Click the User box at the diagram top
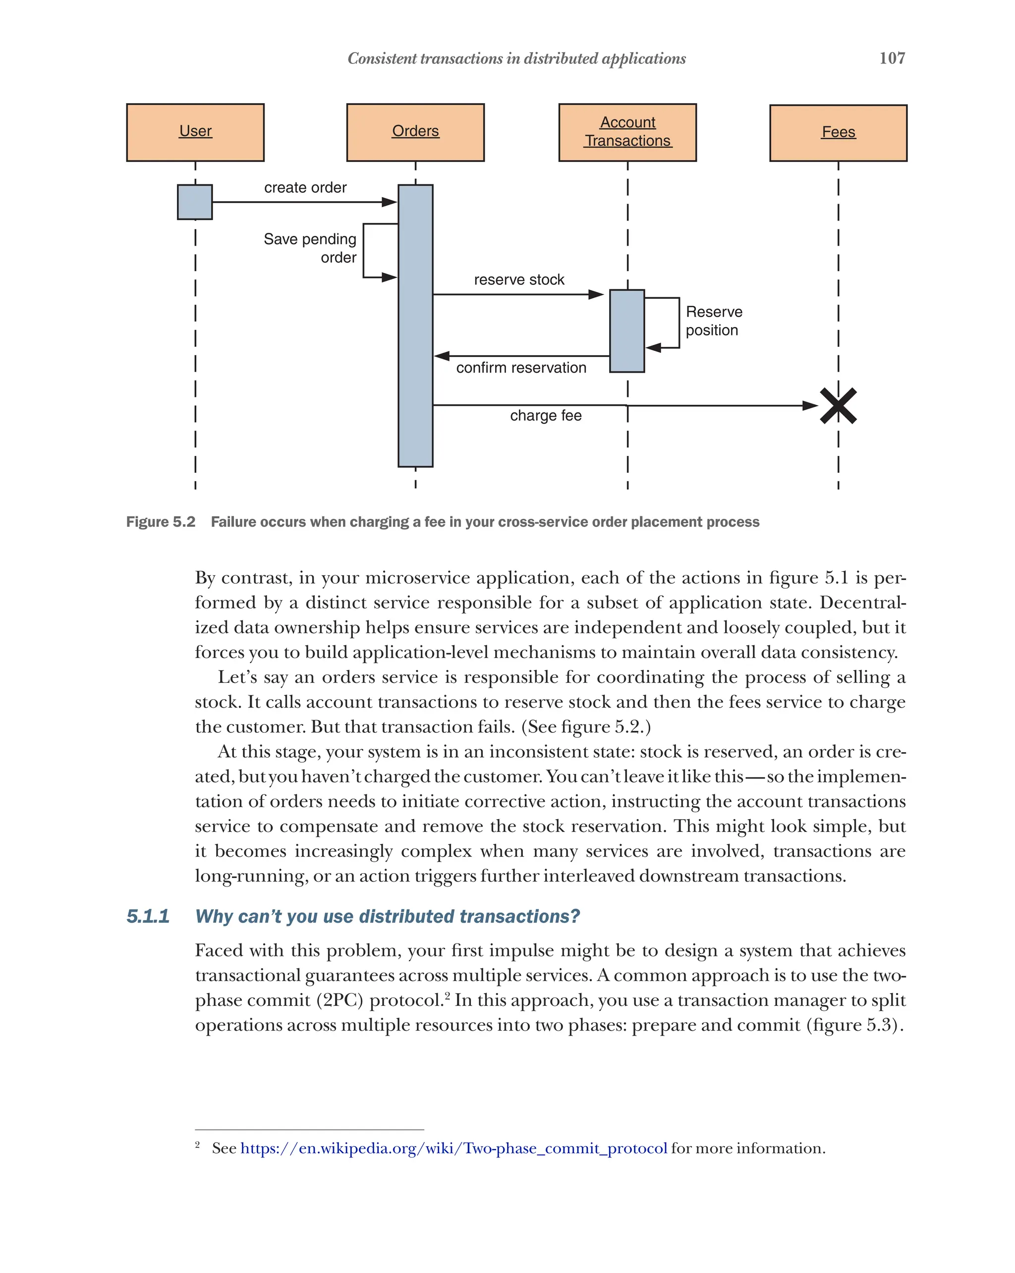point(195,132)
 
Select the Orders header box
point(415,132)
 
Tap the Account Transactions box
point(627,132)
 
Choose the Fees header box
point(838,133)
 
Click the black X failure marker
point(838,406)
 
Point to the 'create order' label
point(305,188)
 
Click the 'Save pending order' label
point(310,248)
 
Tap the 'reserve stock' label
point(518,280)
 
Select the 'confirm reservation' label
point(521,368)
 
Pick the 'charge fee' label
point(545,416)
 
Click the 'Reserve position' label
point(713,321)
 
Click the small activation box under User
point(195,202)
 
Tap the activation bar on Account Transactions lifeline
point(626,331)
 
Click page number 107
point(892,58)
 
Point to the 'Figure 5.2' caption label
point(161,522)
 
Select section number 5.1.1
point(148,916)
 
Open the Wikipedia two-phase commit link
point(453,1149)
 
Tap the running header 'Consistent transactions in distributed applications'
point(516,58)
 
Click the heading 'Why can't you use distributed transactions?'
point(388,916)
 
